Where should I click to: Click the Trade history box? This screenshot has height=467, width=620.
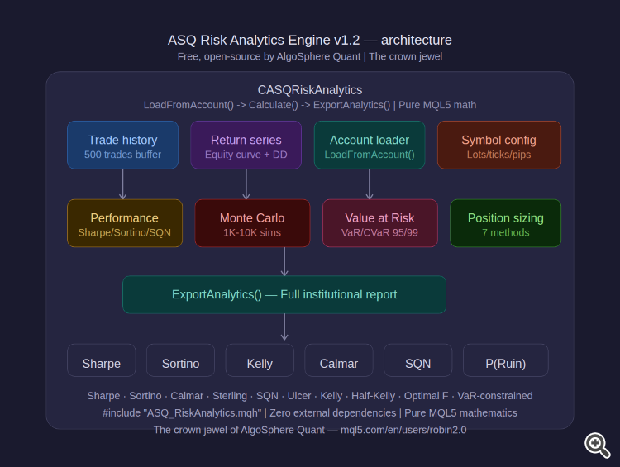click(122, 145)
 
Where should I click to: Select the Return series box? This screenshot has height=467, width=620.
click(246, 145)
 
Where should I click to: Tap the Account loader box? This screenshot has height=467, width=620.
click(370, 145)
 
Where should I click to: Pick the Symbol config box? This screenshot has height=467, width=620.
click(498, 145)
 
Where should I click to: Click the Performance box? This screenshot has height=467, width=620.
click(124, 223)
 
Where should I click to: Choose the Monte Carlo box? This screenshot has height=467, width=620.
click(252, 223)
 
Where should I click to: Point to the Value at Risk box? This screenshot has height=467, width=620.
click(379, 223)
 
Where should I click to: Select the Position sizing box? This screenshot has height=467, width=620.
click(505, 223)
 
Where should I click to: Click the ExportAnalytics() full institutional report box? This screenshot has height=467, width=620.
click(284, 294)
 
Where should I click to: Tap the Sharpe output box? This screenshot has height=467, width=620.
click(102, 361)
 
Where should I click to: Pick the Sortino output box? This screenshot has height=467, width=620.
click(180, 361)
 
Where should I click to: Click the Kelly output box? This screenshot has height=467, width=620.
click(260, 361)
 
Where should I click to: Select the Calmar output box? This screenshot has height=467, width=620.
click(338, 361)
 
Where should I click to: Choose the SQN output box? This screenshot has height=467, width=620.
click(417, 361)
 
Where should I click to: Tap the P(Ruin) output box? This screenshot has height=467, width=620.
click(505, 361)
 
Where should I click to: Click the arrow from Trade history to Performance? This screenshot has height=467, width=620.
click(122, 183)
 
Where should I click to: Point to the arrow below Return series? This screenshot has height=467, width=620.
click(246, 183)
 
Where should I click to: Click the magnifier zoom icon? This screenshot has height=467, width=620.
click(597, 445)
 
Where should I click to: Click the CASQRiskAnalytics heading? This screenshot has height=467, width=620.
click(310, 90)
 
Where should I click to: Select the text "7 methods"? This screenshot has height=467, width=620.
click(505, 233)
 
